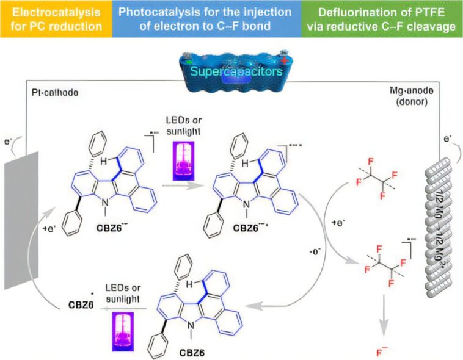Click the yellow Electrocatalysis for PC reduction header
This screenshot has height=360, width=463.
click(x=56, y=18)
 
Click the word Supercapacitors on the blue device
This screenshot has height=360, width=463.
click(x=235, y=71)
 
